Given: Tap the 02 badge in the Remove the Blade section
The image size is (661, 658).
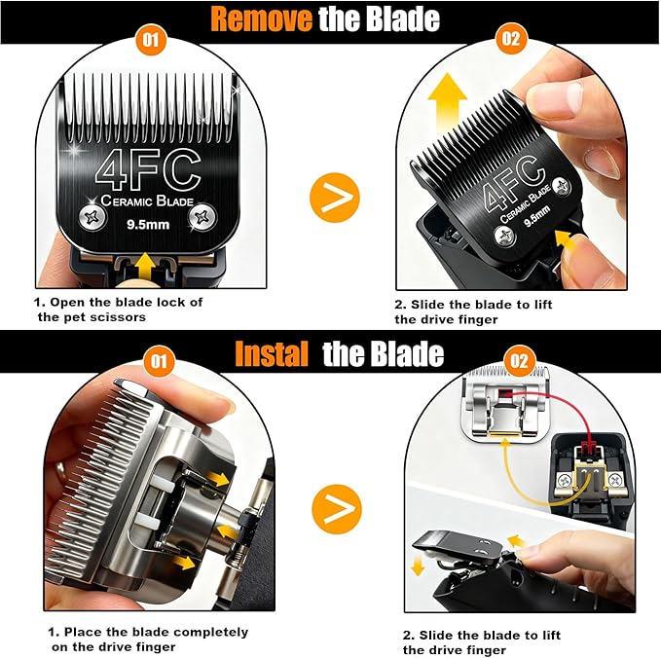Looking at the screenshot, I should [511, 40].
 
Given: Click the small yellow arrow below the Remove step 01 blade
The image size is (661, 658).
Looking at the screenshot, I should [145, 262].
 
